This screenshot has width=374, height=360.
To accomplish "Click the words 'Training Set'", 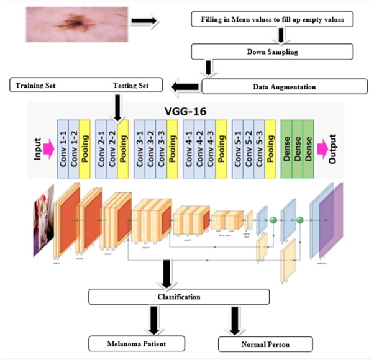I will pyautogui.click(x=34, y=84).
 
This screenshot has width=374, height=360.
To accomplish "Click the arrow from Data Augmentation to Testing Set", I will pyautogui.click(x=185, y=86).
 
